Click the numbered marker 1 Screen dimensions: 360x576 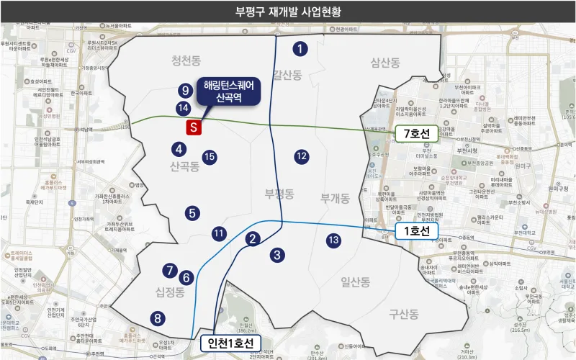tap(300, 49)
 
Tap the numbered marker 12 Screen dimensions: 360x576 tap(302, 156)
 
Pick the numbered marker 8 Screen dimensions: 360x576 tap(157, 318)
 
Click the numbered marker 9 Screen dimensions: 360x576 tap(185, 91)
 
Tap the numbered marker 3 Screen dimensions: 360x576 tap(277, 254)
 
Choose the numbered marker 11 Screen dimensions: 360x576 tap(219, 233)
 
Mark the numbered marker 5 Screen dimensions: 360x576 tap(192, 213)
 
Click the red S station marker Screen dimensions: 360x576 tap(193, 127)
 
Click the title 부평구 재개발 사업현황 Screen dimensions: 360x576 tap(288, 12)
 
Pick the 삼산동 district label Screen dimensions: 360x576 tap(384, 63)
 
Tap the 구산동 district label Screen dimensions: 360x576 tap(403, 314)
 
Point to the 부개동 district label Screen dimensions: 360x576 tap(336, 196)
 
